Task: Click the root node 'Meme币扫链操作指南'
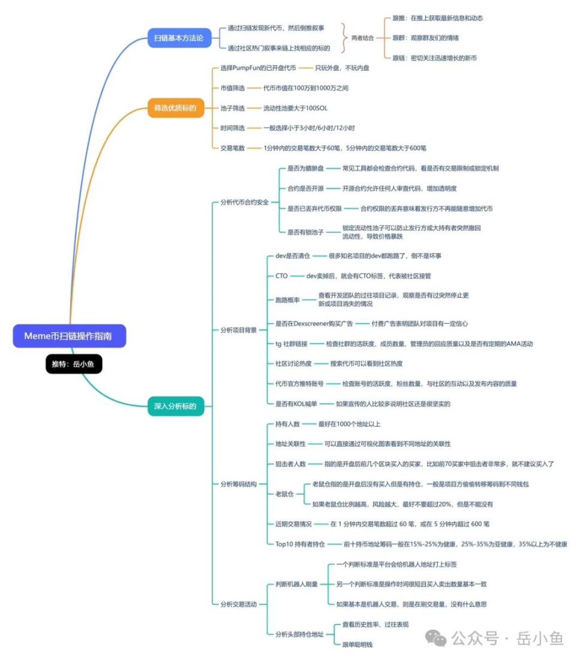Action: tap(69, 336)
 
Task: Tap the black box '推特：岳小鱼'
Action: tap(74, 364)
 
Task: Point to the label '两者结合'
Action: tap(363, 38)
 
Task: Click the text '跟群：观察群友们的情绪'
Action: tap(425, 38)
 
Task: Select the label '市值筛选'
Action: tap(232, 88)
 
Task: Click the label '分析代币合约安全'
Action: tap(245, 202)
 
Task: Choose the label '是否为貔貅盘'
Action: tap(306, 168)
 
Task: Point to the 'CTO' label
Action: tap(281, 276)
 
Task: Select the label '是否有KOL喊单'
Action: tap(296, 404)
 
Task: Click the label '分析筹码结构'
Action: tap(238, 483)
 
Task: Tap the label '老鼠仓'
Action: tap(284, 494)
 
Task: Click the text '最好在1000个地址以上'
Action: tap(349, 424)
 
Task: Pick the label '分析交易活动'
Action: tap(238, 604)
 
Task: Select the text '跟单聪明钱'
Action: tap(357, 644)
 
